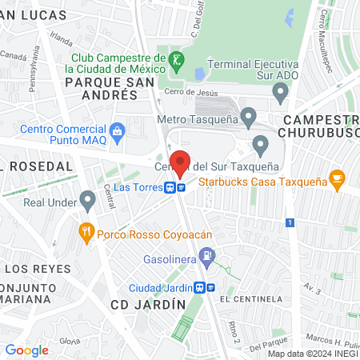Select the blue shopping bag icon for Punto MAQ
[118, 130]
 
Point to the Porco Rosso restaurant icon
[86, 234]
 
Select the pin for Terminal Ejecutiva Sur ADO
[279, 93]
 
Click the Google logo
[26, 350]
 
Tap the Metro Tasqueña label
[194, 121]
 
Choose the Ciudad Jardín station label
[165, 288]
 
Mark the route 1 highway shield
[294, 222]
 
